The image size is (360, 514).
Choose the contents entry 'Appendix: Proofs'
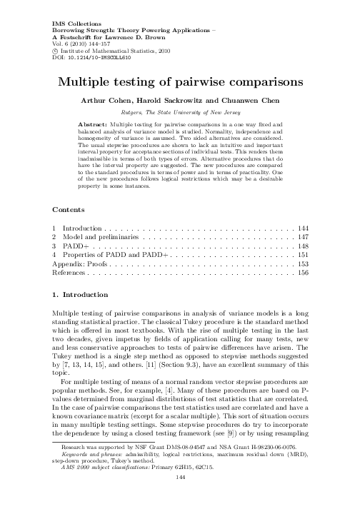click(x=81, y=262)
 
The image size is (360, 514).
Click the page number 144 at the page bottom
click(x=179, y=503)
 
